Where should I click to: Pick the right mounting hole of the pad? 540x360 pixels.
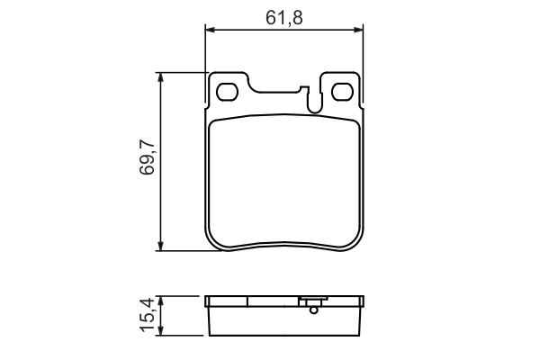pyautogui.click(x=342, y=91)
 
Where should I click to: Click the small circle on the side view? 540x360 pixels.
pyautogui.click(x=313, y=310)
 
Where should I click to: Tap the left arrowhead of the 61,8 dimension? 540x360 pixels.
pyautogui.click(x=211, y=31)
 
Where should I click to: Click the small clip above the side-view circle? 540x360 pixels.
pyautogui.click(x=313, y=301)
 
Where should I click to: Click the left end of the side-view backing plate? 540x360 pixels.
pyautogui.click(x=208, y=301)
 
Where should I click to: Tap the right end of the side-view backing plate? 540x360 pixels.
pyautogui.click(x=363, y=301)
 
